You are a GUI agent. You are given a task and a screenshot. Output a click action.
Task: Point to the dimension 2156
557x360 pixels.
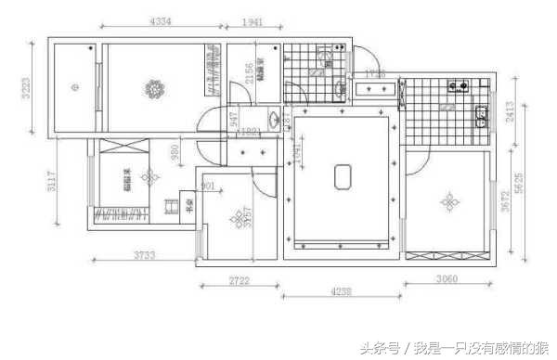click(x=247, y=72)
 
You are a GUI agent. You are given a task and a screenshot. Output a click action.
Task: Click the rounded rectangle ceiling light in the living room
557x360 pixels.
click(x=342, y=174)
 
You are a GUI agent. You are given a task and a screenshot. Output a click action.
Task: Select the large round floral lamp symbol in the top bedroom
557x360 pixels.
click(x=153, y=90)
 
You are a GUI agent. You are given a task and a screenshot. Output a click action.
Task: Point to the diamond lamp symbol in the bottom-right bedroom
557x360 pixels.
click(x=449, y=201)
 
